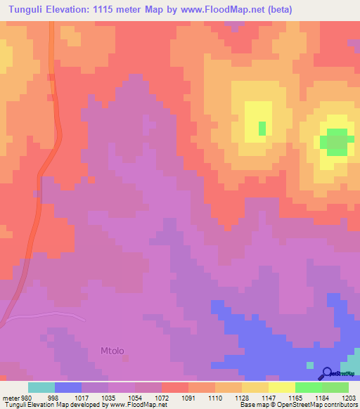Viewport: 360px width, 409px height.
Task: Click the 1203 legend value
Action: (x=347, y=397)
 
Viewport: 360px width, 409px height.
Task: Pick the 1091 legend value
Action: (x=187, y=397)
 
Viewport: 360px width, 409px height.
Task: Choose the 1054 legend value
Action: (x=134, y=397)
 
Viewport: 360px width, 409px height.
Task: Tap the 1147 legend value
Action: (x=240, y=397)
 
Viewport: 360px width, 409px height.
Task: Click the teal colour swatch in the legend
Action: (x=41, y=387)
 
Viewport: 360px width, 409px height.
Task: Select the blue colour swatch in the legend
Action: (x=68, y=387)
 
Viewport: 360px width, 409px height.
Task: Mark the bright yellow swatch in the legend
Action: (x=281, y=387)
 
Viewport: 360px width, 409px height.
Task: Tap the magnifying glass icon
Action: (x=326, y=374)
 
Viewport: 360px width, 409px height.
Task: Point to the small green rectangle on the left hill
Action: (x=262, y=128)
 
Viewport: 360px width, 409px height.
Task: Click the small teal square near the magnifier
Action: (x=310, y=365)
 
